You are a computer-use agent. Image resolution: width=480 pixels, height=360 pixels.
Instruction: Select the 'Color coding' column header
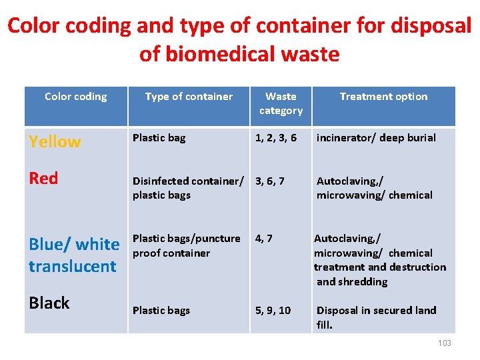point(75,97)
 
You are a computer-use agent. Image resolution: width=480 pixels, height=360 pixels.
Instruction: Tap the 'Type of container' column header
point(189,97)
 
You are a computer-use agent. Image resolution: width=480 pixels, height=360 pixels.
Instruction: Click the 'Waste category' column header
point(281,103)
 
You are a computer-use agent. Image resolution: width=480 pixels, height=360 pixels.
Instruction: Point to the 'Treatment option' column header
point(383,97)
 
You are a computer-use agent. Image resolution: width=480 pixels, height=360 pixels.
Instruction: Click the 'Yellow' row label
point(55,141)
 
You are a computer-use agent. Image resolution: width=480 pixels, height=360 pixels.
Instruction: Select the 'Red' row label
point(43,178)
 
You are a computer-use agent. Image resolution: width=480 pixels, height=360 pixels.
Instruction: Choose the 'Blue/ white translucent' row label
point(74,255)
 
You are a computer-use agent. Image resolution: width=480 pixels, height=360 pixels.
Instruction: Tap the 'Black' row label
point(49,303)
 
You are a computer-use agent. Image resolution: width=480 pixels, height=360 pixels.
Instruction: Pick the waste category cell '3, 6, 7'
point(269,181)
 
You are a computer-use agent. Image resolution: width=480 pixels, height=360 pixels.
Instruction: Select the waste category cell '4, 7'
point(264,238)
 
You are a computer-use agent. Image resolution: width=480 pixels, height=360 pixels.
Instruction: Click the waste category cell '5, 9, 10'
point(273,311)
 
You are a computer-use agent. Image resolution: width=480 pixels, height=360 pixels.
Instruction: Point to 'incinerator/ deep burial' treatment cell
point(376,138)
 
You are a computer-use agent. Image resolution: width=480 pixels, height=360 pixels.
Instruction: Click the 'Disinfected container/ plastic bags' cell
point(189,188)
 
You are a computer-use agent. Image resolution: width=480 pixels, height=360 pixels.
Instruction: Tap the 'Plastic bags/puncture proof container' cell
point(186,245)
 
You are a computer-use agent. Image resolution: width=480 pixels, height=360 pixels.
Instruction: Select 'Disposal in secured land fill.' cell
point(376,317)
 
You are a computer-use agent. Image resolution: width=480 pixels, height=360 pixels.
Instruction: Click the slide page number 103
point(445,343)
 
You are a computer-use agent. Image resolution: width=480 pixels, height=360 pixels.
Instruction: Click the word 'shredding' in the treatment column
point(364,282)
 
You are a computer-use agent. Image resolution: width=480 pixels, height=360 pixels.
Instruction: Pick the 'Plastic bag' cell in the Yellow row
point(159,138)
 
